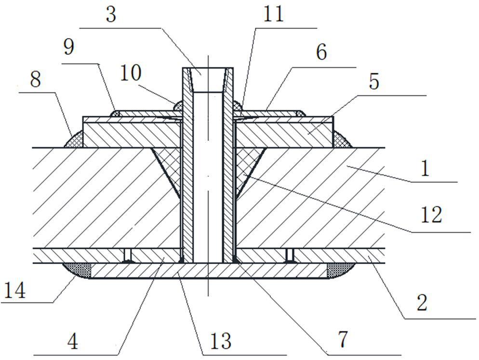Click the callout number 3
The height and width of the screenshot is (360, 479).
click(x=111, y=14)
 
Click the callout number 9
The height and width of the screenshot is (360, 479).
click(x=69, y=48)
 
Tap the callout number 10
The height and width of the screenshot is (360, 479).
click(x=131, y=74)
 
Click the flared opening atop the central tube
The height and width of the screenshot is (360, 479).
click(x=208, y=80)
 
